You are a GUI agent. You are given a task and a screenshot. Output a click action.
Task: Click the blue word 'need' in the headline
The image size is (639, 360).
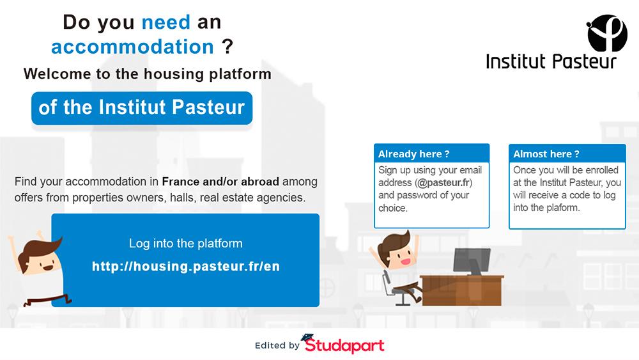click(166, 22)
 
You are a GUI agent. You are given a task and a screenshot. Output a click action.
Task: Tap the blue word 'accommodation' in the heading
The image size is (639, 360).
click(132, 47)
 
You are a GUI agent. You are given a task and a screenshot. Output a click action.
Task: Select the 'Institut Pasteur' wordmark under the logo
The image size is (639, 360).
click(551, 61)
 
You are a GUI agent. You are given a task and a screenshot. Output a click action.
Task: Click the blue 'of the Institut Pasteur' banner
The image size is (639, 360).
click(142, 108)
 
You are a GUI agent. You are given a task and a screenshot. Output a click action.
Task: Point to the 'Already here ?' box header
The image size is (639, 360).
click(431, 153)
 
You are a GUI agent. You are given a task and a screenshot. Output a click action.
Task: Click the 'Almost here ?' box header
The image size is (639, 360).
click(567, 153)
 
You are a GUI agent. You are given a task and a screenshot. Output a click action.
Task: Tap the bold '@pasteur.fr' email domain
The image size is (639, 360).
click(444, 182)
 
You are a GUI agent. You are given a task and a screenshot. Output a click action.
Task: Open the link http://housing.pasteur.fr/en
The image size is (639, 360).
click(186, 266)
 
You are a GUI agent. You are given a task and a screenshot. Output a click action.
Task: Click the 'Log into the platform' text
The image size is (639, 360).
click(186, 244)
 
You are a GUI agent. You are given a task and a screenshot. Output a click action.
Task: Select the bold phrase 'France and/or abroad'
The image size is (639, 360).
click(220, 182)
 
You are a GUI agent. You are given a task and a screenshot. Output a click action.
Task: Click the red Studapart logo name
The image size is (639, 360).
click(345, 345)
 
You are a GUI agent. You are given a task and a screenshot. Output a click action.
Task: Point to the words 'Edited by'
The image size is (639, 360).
click(277, 345)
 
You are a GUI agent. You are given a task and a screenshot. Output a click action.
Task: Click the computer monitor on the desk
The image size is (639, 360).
click(472, 261)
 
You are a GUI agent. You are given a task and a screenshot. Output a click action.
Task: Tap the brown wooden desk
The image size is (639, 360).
click(462, 290)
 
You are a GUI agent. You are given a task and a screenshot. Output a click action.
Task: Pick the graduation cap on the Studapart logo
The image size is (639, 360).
click(307, 338)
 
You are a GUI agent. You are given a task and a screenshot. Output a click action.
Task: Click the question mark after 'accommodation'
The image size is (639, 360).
click(227, 47)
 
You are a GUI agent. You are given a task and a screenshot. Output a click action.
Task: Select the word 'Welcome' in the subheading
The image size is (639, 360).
click(57, 74)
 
